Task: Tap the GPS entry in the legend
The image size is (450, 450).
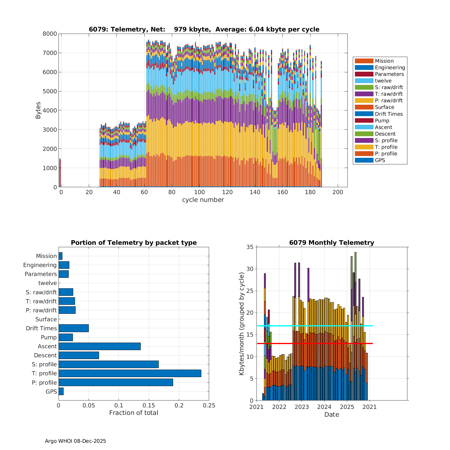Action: (x=380, y=160)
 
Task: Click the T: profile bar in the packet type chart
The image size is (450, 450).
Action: (x=130, y=373)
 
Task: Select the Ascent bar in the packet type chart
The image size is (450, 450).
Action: (x=99, y=346)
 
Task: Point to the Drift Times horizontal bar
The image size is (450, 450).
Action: (x=73, y=328)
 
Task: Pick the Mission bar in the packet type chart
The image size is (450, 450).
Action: (x=60, y=256)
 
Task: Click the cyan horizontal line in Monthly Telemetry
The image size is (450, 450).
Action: (x=315, y=326)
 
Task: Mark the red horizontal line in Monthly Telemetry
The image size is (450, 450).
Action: (x=315, y=343)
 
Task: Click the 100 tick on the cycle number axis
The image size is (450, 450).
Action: (x=199, y=192)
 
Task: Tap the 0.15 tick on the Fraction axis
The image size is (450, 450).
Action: (x=149, y=405)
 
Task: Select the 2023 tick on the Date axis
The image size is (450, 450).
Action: (x=302, y=407)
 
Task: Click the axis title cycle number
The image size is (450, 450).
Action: (x=203, y=200)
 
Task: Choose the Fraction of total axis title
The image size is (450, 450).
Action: (x=133, y=413)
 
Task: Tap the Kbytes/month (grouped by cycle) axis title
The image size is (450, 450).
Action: (x=241, y=324)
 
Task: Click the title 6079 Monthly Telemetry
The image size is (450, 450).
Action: (x=331, y=243)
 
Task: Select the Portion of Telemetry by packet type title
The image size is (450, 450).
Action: (x=133, y=243)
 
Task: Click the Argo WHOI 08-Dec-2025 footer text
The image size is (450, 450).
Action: (x=75, y=441)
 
